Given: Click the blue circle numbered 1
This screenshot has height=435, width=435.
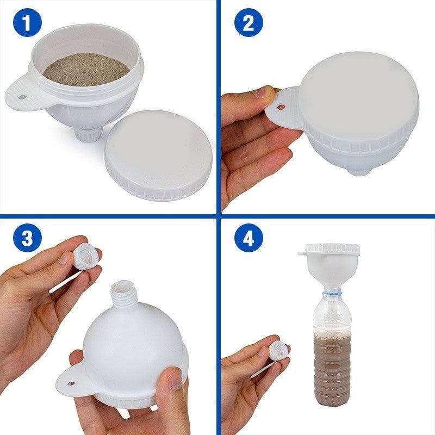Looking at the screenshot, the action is (x=27, y=23).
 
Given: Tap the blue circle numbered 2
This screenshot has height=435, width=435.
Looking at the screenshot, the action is (x=248, y=23).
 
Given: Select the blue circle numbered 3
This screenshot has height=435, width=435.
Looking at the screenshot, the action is (x=27, y=238).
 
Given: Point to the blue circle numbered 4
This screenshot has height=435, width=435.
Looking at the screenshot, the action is (x=248, y=238).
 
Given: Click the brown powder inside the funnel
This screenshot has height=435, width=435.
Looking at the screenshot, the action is (x=86, y=70).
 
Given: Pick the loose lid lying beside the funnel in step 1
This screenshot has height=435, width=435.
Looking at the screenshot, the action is (x=158, y=155).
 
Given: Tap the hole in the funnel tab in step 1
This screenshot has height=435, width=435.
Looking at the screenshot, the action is (x=22, y=97).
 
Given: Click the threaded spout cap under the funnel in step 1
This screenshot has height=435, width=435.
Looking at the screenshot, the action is (x=89, y=135).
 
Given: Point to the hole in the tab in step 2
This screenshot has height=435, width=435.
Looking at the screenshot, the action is (x=282, y=107).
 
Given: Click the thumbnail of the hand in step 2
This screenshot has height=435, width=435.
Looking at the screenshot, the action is (x=263, y=92).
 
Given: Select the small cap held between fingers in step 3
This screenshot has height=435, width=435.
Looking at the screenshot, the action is (x=85, y=256).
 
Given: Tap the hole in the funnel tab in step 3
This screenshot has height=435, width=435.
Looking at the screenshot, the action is (x=71, y=383).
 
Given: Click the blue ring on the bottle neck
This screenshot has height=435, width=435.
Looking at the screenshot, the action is (x=332, y=292).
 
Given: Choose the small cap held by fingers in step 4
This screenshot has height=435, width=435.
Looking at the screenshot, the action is (x=278, y=351).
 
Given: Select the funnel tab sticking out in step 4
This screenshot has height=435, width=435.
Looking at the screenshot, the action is (x=305, y=253).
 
